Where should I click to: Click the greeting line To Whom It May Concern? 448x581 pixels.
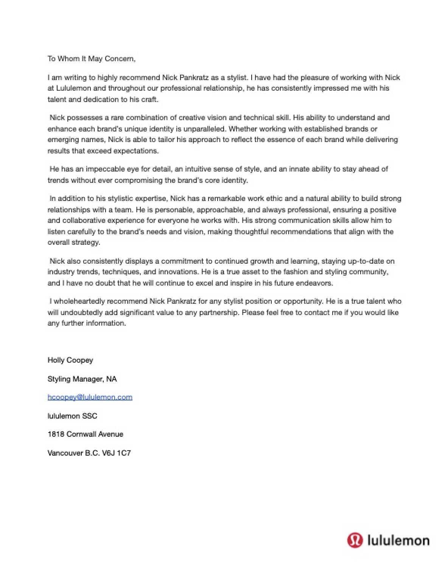91,59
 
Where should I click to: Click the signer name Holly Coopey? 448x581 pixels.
70,360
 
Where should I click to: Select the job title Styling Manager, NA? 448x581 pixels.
82,379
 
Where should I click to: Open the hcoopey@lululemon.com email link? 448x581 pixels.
90,397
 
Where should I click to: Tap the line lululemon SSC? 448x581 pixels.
72,416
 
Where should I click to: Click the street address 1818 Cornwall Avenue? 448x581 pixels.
85,434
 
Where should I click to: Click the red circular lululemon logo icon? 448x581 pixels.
355,540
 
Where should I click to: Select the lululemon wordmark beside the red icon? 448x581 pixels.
398,540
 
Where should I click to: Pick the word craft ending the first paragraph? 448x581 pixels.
150,99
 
